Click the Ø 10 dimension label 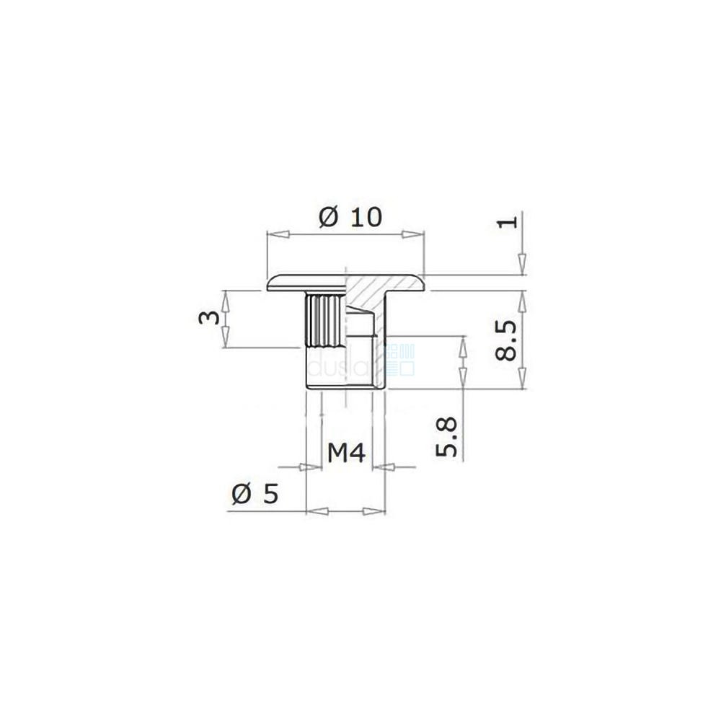coord(350,217)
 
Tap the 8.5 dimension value coord(507,340)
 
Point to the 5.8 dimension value coord(446,437)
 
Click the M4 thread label coord(346,453)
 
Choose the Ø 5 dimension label coord(255,494)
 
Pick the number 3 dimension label coord(209,318)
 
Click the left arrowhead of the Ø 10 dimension coord(278,234)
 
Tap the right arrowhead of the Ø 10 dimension coord(412,234)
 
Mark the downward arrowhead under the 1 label coord(522,264)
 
